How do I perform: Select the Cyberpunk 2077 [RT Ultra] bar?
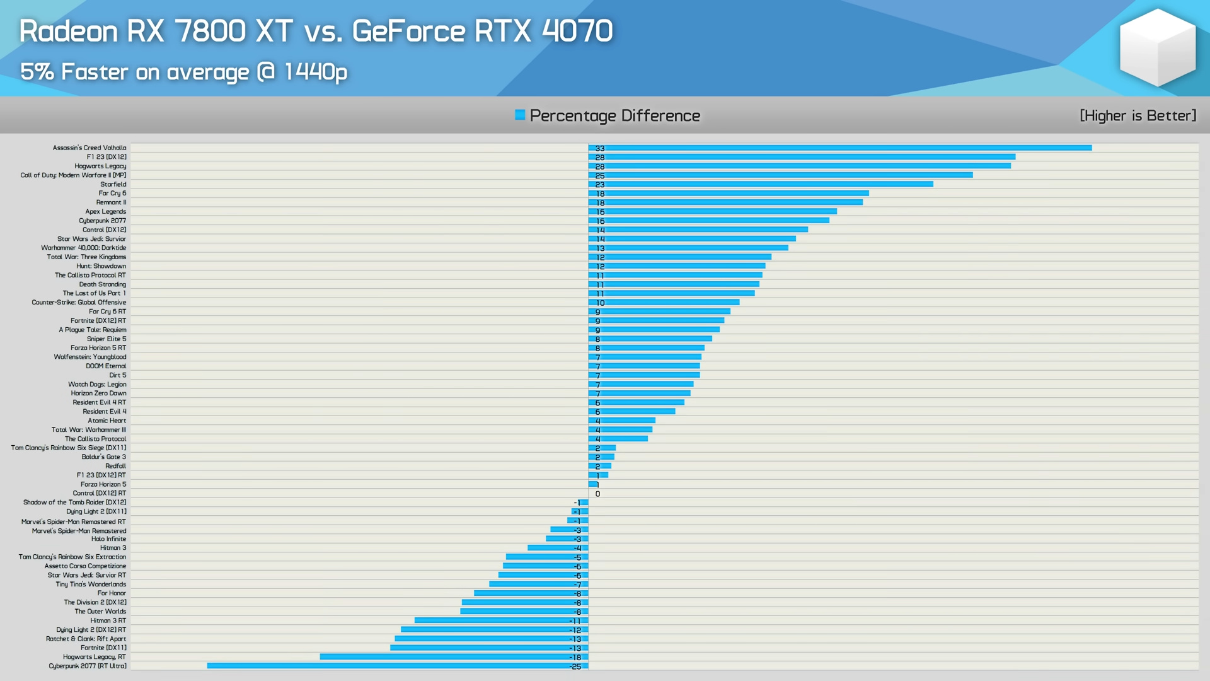[397, 666]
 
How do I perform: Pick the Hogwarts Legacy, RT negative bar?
[454, 657]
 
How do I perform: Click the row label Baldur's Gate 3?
[103, 457]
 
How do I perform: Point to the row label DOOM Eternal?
[106, 366]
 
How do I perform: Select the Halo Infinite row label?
[108, 539]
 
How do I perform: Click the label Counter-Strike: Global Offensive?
[79, 303]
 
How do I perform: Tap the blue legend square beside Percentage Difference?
[520, 115]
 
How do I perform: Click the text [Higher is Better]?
[1138, 116]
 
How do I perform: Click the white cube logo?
[1157, 47]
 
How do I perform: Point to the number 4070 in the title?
[577, 32]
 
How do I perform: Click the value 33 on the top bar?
[600, 149]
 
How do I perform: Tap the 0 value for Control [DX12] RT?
[597, 494]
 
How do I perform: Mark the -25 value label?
[575, 667]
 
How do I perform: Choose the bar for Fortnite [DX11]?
[489, 648]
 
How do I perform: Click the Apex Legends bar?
[712, 212]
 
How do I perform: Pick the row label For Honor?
[112, 593]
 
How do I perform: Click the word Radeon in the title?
[68, 32]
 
